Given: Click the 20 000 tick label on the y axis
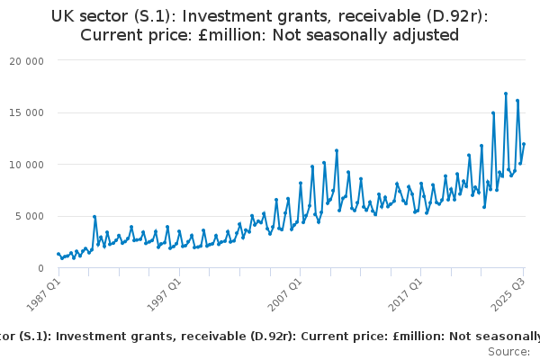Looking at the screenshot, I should (x=27, y=61).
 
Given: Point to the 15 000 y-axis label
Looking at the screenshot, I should (x=27, y=113).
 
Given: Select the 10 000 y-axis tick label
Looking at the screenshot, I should (x=27, y=165).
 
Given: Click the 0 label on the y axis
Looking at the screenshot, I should (x=41, y=268).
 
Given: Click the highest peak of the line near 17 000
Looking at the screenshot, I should (x=506, y=94).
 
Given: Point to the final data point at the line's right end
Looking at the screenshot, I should (x=524, y=144).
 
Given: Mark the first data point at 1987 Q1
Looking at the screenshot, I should (x=58, y=254).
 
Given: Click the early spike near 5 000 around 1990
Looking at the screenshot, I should (x=94, y=217).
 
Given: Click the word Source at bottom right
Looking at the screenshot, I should (x=508, y=351).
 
